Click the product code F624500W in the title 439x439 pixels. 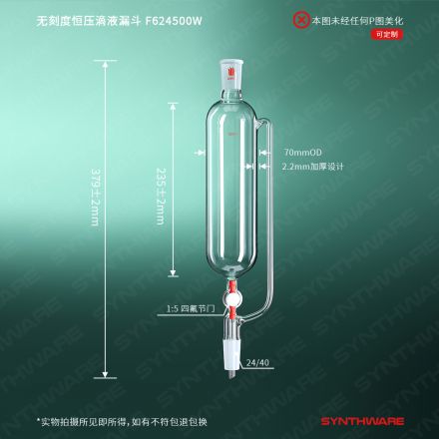[174, 21]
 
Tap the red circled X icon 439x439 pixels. [301, 20]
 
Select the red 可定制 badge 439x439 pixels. [387, 34]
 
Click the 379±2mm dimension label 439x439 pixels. [95, 197]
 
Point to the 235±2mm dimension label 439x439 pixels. [161, 197]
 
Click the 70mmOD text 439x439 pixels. [302, 153]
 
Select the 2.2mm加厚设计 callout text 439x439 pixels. [312, 167]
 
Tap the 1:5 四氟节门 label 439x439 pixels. [191, 309]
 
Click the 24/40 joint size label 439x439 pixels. [257, 362]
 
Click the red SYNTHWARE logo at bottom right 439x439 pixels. [362, 422]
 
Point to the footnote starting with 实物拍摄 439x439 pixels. [122, 422]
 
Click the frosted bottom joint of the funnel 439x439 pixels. [231, 359]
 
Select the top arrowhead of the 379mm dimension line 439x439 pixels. [105, 65]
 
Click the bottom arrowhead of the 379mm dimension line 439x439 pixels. [105, 374]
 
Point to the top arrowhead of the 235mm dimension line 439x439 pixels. [173, 107]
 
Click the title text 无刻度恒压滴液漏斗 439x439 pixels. [88, 21]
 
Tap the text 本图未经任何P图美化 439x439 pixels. [357, 21]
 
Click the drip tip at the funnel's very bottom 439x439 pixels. [231, 376]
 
